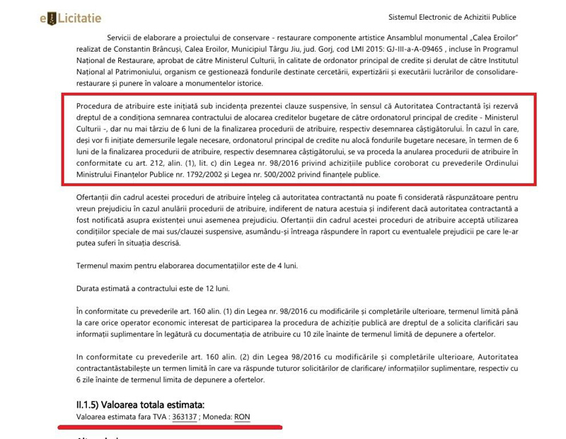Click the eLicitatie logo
(71, 18)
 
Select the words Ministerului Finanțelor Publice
(129, 174)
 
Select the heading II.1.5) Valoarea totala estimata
(139, 405)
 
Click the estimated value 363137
(184, 417)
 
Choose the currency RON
(242, 417)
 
